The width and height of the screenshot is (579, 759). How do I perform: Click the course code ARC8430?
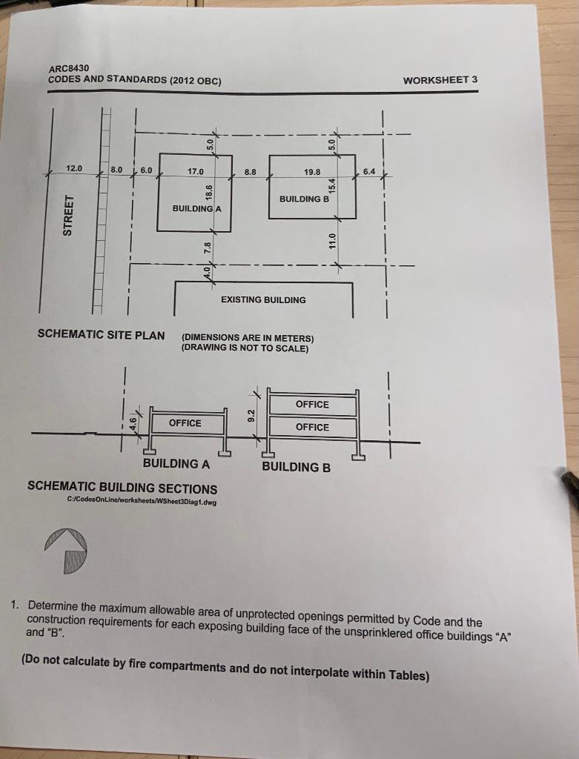click(x=68, y=67)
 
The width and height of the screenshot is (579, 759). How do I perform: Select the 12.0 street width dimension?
click(x=75, y=168)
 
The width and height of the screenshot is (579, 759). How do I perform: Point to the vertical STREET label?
click(x=68, y=215)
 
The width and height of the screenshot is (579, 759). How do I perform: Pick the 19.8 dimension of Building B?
click(x=312, y=172)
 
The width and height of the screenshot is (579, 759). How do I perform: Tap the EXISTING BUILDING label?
click(x=263, y=299)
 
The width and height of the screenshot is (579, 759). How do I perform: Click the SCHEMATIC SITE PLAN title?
click(x=101, y=334)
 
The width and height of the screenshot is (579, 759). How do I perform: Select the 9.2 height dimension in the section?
click(x=251, y=414)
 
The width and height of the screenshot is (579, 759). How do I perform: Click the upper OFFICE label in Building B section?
click(x=312, y=404)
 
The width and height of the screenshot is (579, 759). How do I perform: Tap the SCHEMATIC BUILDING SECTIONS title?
click(x=122, y=488)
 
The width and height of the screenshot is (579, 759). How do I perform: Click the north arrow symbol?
click(x=67, y=551)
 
